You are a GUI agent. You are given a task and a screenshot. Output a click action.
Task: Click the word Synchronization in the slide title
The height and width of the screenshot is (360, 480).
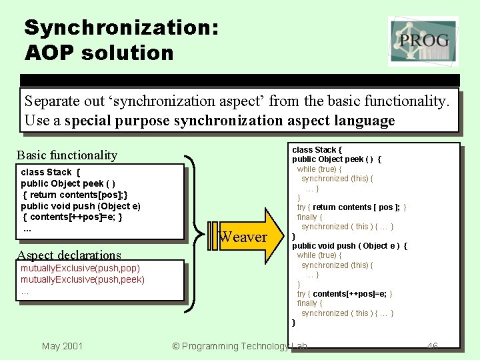click(x=121, y=27)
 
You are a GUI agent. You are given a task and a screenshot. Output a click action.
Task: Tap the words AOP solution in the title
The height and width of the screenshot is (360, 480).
click(x=99, y=53)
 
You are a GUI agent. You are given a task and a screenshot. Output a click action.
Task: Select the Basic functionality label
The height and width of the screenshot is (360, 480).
click(x=67, y=155)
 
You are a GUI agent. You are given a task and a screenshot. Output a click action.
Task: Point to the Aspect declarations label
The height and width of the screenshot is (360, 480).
click(x=69, y=255)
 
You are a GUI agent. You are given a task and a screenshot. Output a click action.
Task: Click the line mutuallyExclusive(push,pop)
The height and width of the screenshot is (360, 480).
click(x=80, y=268)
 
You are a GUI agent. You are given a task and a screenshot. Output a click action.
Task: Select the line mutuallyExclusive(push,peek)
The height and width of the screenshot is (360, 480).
click(x=83, y=279)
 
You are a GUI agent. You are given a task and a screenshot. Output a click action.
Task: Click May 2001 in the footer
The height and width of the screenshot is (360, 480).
click(x=62, y=345)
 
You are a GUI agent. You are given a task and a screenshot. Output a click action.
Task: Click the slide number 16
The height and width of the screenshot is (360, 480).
click(x=432, y=345)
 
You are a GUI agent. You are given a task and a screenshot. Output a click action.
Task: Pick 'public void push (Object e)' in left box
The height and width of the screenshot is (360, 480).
click(x=80, y=206)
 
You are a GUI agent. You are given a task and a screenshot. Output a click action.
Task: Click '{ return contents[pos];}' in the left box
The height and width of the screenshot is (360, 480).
click(x=75, y=195)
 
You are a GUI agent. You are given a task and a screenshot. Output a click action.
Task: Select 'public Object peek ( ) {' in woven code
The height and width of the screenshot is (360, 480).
click(x=337, y=159)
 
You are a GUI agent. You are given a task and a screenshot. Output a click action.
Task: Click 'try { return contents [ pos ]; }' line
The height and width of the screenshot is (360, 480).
click(x=351, y=207)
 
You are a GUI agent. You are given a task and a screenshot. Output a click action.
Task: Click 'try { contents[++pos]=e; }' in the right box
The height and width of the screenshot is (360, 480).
click(x=345, y=294)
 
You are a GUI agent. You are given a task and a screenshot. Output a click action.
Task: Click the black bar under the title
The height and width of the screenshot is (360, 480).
click(x=240, y=80)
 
